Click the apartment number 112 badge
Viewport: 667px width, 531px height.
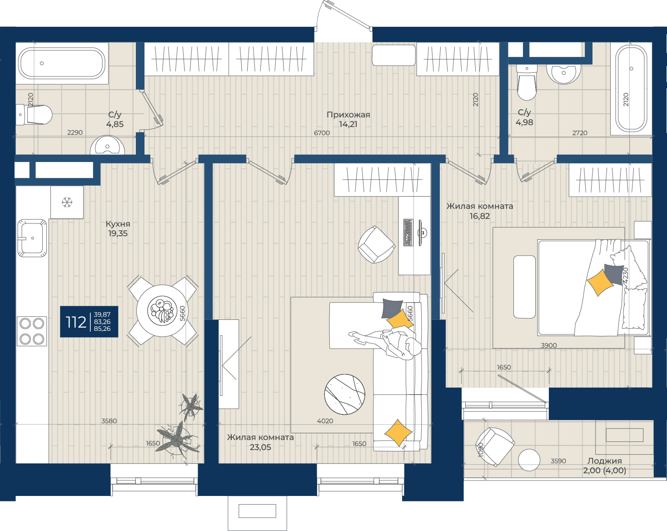(x=89, y=322)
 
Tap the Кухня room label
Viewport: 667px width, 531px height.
(x=118, y=224)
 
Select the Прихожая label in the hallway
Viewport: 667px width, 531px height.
(x=348, y=115)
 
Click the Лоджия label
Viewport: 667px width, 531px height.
(x=604, y=461)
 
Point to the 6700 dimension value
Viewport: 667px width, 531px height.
(x=322, y=133)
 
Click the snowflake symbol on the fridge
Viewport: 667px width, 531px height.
(x=67, y=202)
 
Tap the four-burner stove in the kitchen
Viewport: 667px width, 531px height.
(x=32, y=331)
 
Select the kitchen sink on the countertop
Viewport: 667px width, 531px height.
(x=32, y=238)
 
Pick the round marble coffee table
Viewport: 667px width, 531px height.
(x=345, y=394)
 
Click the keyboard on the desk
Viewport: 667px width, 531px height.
(x=408, y=233)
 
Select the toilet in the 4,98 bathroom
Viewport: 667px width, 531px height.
(x=527, y=82)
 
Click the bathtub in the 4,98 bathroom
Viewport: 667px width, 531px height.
(x=631, y=89)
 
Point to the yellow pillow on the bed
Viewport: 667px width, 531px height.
(x=600, y=283)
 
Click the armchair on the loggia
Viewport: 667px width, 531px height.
(x=494, y=446)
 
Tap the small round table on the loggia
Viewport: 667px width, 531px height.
(x=529, y=460)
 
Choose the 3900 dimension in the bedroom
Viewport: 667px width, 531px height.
(x=548, y=345)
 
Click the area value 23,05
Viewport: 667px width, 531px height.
(x=260, y=447)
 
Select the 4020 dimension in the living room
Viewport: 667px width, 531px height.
(x=325, y=421)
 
